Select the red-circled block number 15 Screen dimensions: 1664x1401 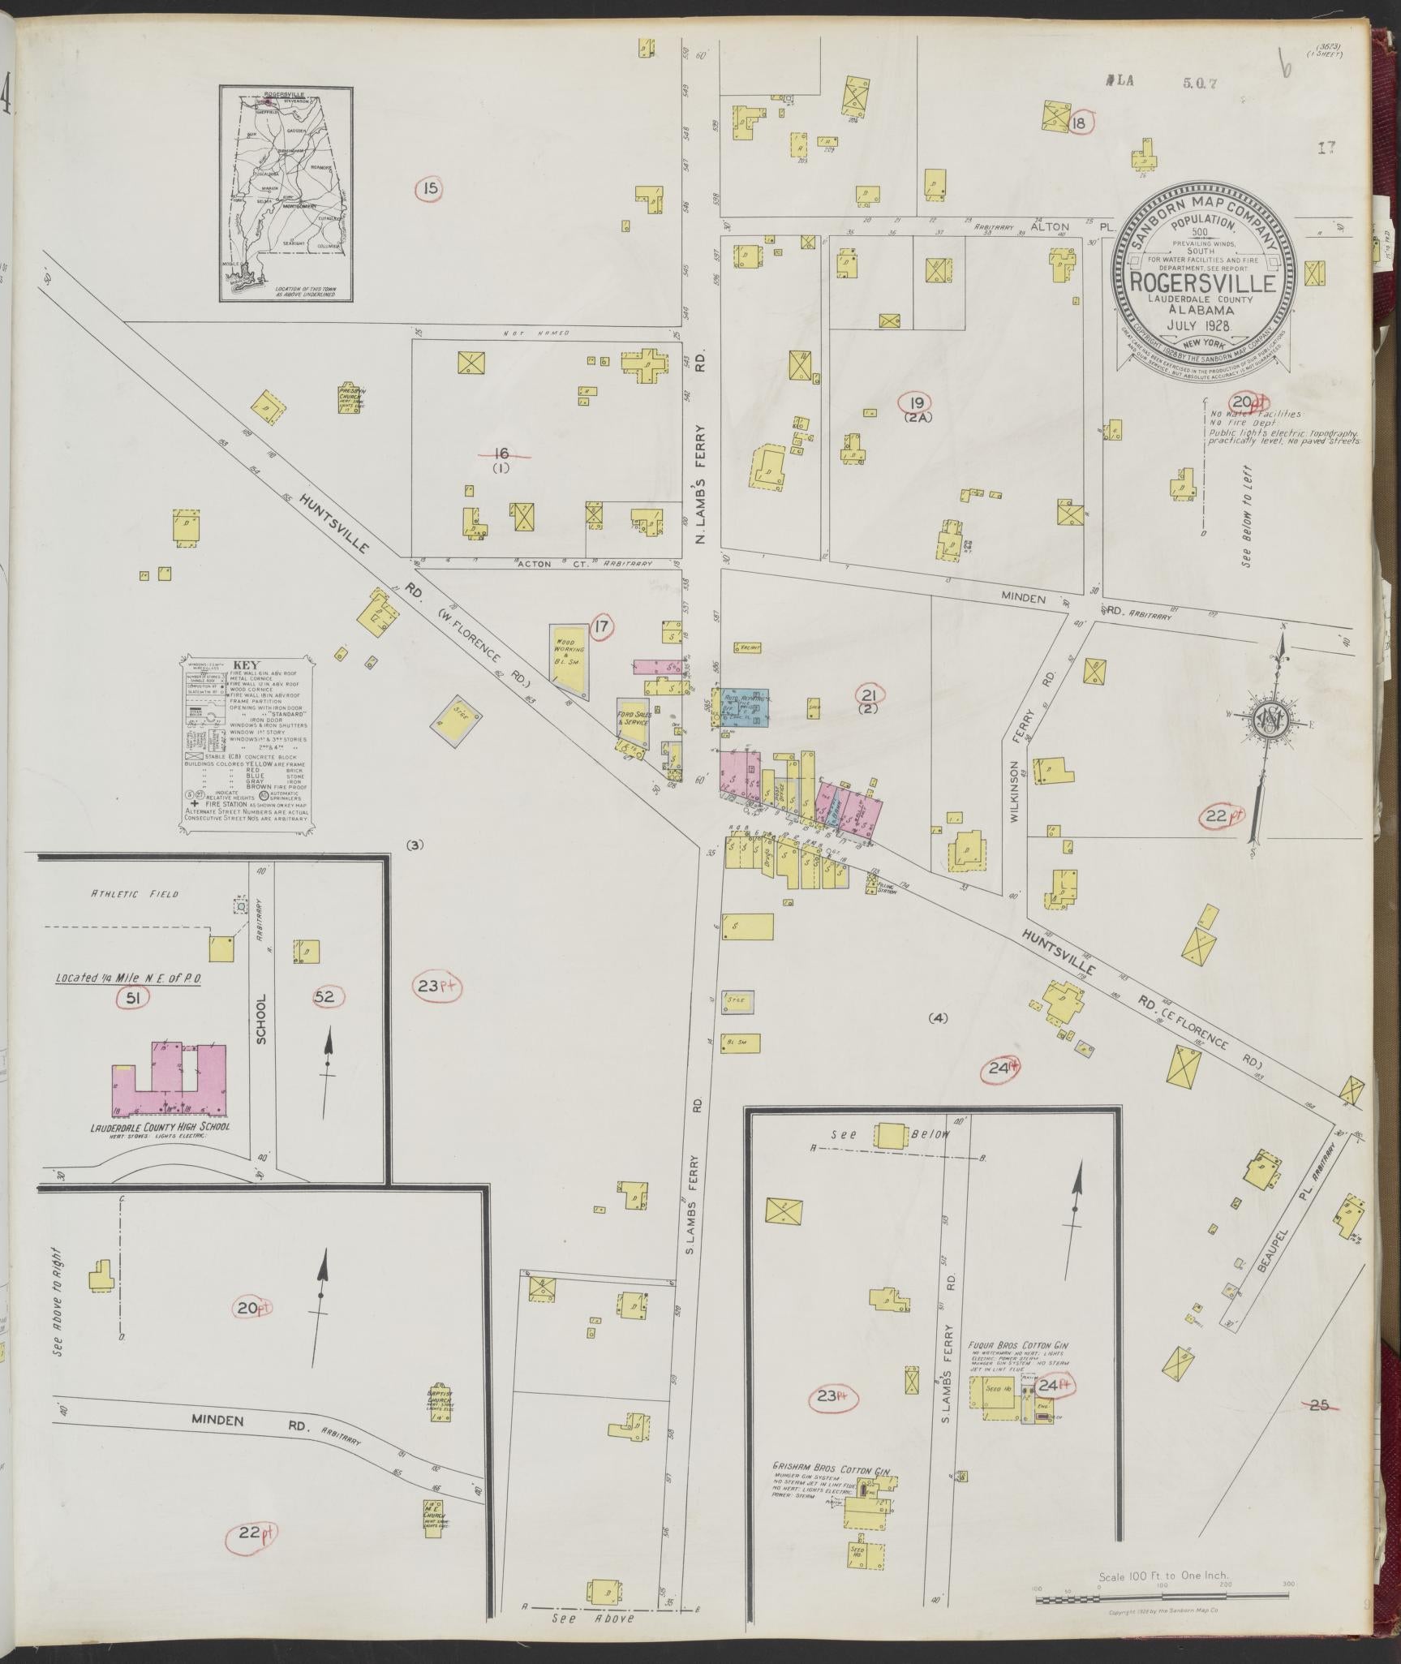coord(430,190)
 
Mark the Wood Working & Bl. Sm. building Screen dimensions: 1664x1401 coord(570,658)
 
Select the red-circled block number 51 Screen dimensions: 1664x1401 coord(133,998)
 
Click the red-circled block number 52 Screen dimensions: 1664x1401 coord(324,997)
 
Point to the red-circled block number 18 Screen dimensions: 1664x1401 coord(1079,123)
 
